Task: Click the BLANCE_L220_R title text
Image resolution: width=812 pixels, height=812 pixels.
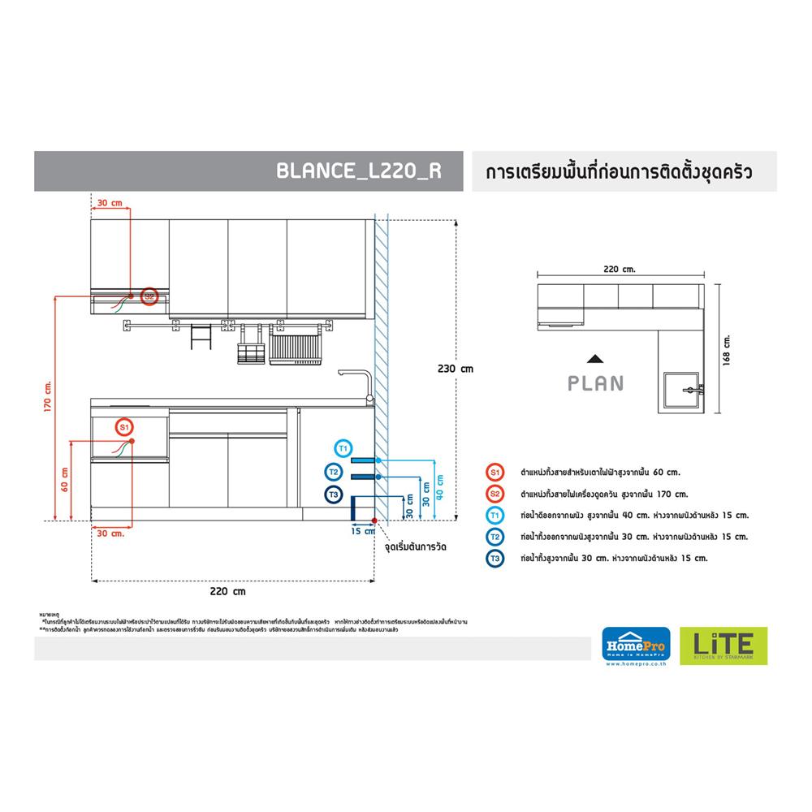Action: [359, 171]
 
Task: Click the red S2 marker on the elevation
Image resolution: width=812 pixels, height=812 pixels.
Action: [149, 296]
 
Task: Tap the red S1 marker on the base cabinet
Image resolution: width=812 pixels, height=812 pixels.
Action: [123, 425]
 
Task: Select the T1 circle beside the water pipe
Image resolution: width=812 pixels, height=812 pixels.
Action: [343, 447]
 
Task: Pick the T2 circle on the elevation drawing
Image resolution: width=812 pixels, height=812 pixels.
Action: [333, 471]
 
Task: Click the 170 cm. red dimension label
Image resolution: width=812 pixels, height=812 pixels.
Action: [49, 398]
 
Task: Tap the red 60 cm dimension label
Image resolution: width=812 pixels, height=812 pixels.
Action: [64, 479]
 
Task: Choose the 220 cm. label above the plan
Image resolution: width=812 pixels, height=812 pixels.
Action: [620, 268]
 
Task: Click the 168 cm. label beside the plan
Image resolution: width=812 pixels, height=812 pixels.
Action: [727, 352]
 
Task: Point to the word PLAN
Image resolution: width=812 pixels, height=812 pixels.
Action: [597, 382]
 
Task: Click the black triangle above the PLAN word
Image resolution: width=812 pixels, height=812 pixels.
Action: [596, 358]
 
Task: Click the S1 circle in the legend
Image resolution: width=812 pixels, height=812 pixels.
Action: [495, 472]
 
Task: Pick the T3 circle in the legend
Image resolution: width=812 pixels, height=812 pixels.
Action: [495, 558]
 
